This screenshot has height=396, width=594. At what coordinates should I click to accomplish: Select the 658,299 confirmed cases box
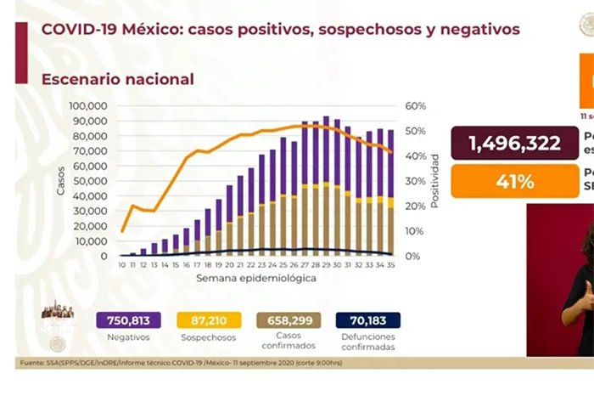coord(289,320)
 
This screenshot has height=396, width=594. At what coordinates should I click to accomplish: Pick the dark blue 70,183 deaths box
coord(367,320)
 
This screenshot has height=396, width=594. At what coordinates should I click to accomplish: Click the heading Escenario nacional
coord(118,79)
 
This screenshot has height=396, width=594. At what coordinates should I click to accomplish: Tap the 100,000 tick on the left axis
coord(88,105)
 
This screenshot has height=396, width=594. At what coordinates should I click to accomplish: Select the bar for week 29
coord(327,186)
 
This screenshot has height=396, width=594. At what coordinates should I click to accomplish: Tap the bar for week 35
coord(390,192)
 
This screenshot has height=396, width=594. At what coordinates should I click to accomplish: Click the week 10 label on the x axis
coord(122,265)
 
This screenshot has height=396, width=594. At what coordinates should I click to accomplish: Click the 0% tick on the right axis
coord(412,256)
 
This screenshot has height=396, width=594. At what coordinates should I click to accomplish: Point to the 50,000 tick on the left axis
coord(91,181)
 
